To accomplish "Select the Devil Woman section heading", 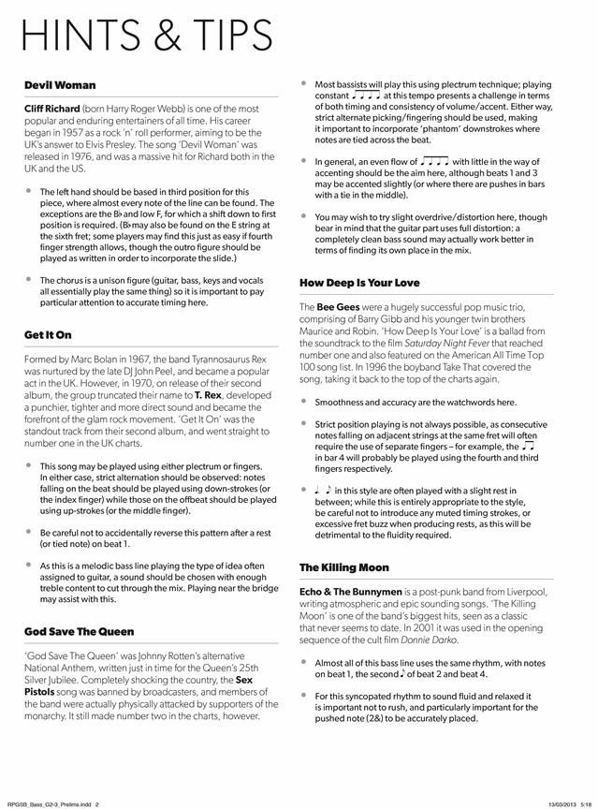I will tap(60, 85).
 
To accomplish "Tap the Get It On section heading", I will tap(49, 334).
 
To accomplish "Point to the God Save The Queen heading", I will tap(80, 631).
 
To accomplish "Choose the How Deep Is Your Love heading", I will tap(359, 282).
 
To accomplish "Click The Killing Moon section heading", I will tap(343, 567).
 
